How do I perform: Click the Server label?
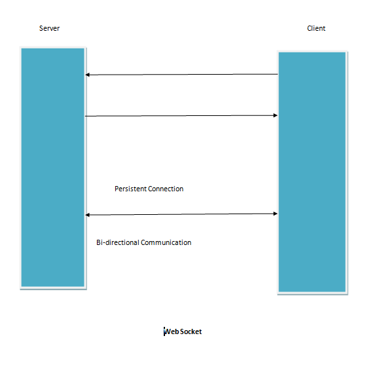click(49, 28)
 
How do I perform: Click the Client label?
click(316, 28)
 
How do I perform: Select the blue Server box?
click(53, 168)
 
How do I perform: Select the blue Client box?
click(312, 172)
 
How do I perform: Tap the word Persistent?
click(130, 189)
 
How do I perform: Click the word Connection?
click(166, 189)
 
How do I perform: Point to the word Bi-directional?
click(118, 242)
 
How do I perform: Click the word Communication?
click(166, 242)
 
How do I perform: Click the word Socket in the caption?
click(191, 331)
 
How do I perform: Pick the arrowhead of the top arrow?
click(87, 75)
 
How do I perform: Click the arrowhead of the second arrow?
click(276, 115)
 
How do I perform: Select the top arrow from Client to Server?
click(181, 74)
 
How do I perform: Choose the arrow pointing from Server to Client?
click(181, 115)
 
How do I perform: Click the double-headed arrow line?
click(181, 214)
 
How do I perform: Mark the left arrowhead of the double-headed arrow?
click(87, 215)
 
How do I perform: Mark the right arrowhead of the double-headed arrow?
click(276, 214)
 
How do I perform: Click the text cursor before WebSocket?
click(164, 331)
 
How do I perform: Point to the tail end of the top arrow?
click(278, 74)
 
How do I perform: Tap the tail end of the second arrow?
click(85, 116)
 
